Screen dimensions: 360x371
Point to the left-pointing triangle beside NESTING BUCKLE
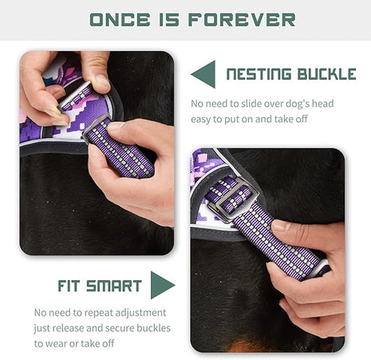click(203, 75)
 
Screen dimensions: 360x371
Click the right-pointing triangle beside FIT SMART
click(162, 285)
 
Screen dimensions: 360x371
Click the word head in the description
click(320, 104)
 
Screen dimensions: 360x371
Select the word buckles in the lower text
click(147, 328)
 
